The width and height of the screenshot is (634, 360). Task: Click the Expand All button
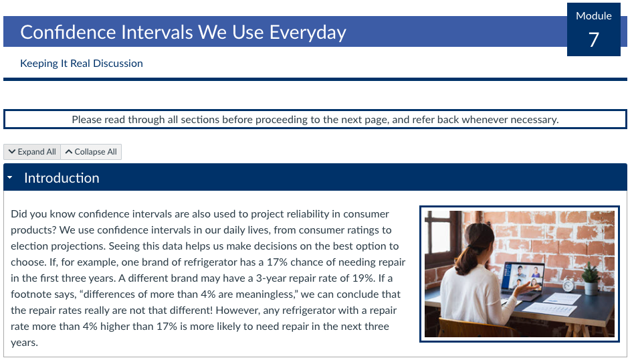32,152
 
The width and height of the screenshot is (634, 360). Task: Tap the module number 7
593,40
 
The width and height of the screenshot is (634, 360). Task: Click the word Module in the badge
593,16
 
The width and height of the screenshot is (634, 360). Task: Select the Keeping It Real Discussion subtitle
82,64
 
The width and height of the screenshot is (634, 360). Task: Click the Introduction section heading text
62,178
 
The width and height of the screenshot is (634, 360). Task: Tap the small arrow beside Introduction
10,178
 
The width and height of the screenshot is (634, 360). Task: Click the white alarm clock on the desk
568,285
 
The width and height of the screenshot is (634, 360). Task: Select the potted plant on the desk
590,277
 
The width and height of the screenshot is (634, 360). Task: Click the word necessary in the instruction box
532,120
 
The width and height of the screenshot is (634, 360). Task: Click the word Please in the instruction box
87,120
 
